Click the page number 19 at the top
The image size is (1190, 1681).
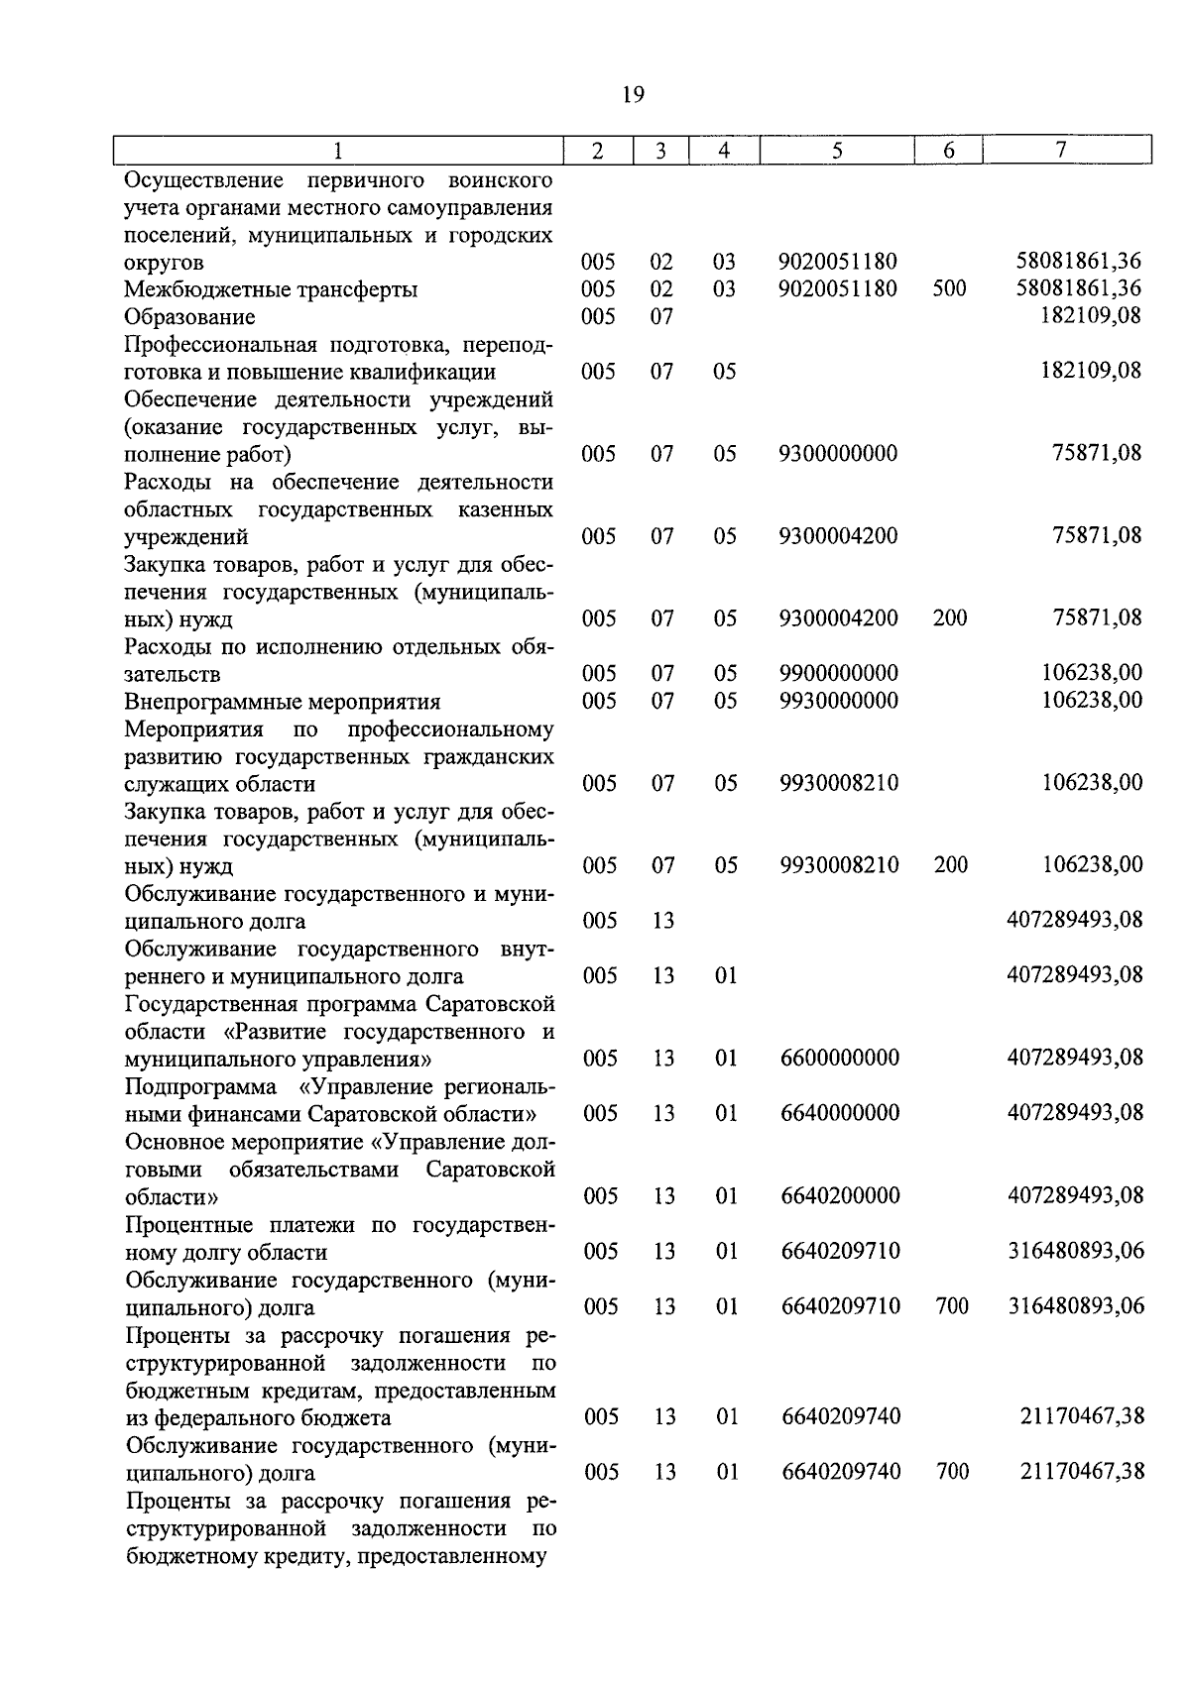point(633,95)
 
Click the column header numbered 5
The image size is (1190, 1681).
point(837,151)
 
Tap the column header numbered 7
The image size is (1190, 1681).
point(1061,150)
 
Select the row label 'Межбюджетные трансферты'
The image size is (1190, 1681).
point(271,289)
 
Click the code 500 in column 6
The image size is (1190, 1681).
point(949,288)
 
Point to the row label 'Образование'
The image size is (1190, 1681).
point(189,317)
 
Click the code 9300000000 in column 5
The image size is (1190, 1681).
point(838,454)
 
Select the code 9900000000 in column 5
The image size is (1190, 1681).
point(839,674)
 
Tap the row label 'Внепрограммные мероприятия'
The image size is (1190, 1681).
point(283,702)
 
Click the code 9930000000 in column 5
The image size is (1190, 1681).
point(839,701)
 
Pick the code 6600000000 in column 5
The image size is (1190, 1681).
point(840,1059)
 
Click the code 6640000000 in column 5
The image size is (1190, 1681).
point(840,1113)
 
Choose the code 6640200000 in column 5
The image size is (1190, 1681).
point(840,1196)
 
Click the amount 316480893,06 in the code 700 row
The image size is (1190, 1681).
point(1076,1306)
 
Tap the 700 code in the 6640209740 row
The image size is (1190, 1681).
point(952,1472)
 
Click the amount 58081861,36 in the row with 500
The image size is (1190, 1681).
point(1079,288)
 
